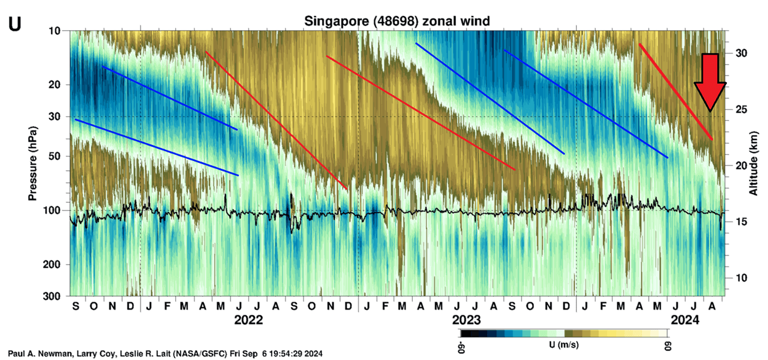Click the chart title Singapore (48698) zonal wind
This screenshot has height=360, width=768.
[x=398, y=22]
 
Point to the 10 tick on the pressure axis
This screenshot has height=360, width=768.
[x=53, y=31]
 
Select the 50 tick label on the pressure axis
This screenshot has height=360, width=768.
[x=53, y=156]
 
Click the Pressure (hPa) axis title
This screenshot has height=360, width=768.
[x=31, y=163]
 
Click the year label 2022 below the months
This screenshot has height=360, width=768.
[x=248, y=320]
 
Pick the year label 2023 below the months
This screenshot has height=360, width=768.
[x=466, y=320]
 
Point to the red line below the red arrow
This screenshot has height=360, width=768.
[x=676, y=92]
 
